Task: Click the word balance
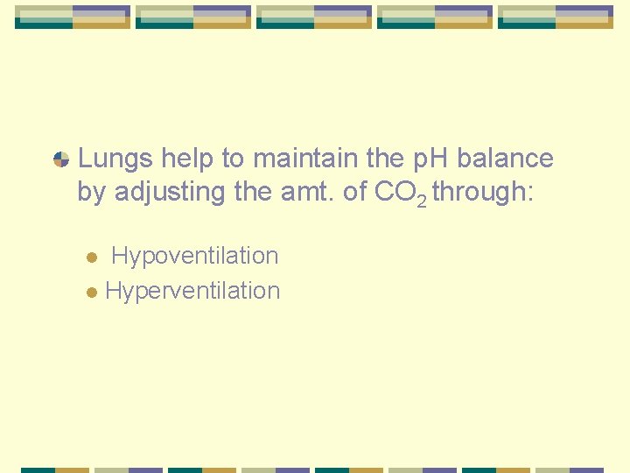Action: pyautogui.click(x=506, y=159)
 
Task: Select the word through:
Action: pyautogui.click(x=481, y=192)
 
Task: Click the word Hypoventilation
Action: pyautogui.click(x=195, y=256)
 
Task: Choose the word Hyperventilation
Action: pyautogui.click(x=192, y=291)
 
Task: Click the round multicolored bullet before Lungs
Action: pyautogui.click(x=61, y=159)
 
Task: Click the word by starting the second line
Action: pyautogui.click(x=89, y=192)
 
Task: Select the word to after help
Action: pyautogui.click(x=234, y=159)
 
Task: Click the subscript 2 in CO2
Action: pyautogui.click(x=422, y=201)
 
